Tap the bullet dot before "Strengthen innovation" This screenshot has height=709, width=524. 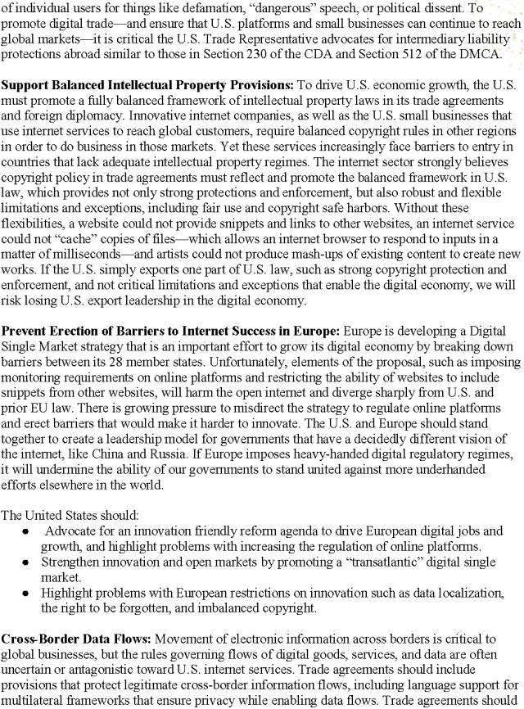coord(26,563)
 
